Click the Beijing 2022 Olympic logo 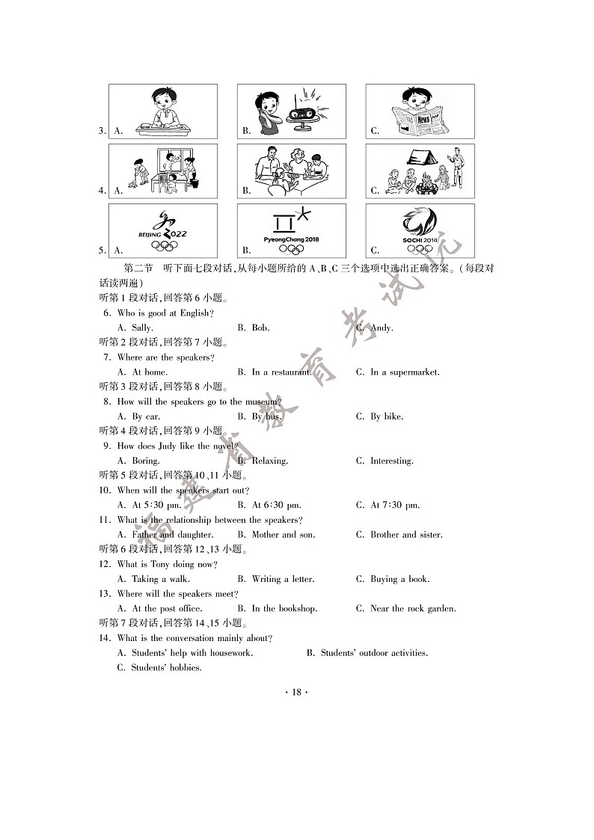click(163, 231)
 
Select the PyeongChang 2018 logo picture click(292, 231)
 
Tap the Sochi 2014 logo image click(420, 231)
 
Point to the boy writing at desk click(163, 111)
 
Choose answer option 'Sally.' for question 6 click(142, 328)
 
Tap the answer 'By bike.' click(387, 417)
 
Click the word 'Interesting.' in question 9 click(391, 461)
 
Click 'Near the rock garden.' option click(413, 609)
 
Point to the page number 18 click(296, 693)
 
